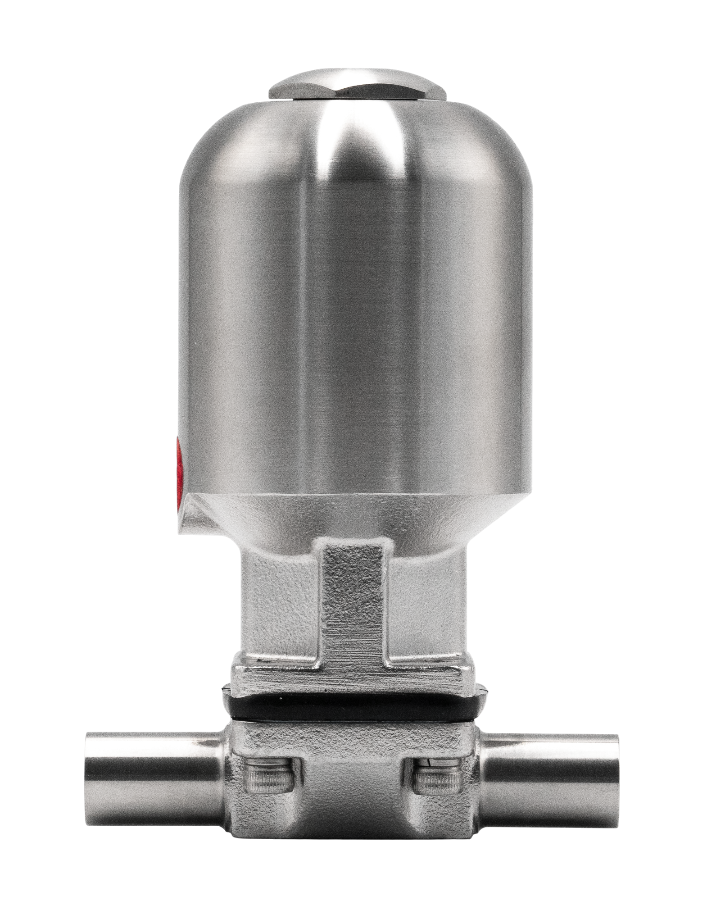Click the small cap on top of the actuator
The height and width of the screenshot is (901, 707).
coord(356,86)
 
